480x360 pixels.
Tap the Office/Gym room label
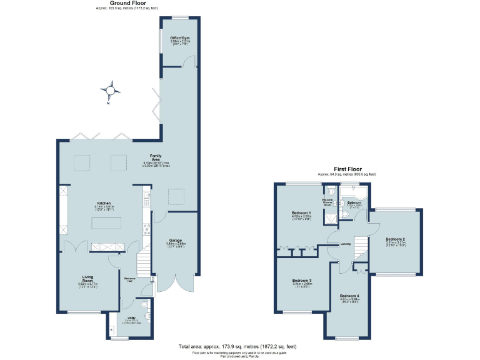tap(179, 39)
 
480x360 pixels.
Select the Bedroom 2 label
tap(395, 239)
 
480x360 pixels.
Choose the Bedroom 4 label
tap(349, 295)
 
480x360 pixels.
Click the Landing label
tap(345, 244)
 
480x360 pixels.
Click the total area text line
tap(237, 346)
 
